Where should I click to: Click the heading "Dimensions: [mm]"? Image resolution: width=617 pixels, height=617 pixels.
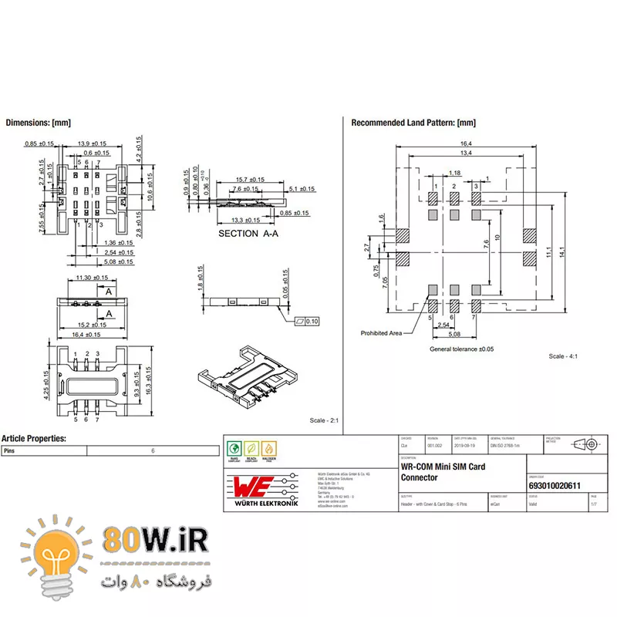click(x=39, y=123)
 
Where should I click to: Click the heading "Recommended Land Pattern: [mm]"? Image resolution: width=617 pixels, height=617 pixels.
click(x=413, y=123)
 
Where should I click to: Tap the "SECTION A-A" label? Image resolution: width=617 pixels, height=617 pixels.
click(x=248, y=233)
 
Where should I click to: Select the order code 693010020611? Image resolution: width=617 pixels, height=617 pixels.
click(x=555, y=485)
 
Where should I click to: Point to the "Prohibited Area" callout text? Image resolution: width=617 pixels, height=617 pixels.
click(x=382, y=333)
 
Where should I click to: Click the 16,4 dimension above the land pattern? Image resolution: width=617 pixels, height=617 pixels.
click(x=466, y=143)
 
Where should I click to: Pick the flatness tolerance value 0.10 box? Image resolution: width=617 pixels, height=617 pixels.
click(x=312, y=321)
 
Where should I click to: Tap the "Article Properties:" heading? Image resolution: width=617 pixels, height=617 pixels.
click(x=34, y=439)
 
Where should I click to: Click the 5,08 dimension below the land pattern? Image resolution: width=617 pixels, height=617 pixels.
click(x=455, y=335)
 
